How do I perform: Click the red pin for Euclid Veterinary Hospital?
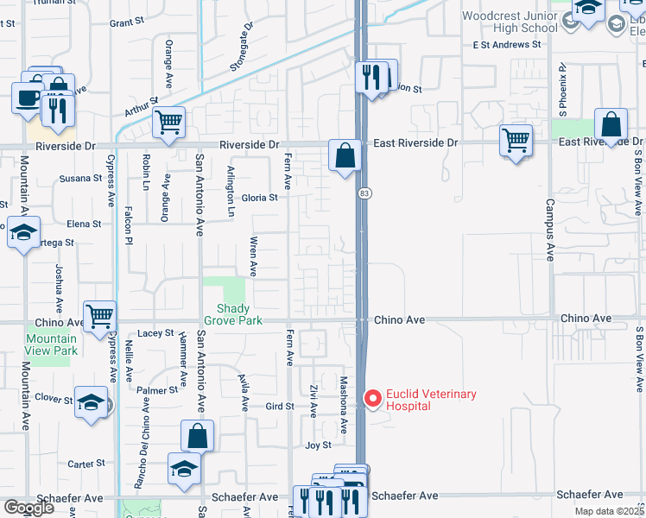point(373,399)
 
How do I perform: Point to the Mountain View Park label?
point(52,344)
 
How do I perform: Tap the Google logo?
point(28,508)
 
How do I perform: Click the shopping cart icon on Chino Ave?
point(99,316)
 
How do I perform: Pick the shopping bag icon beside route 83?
point(345,156)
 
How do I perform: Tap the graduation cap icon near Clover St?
point(91,402)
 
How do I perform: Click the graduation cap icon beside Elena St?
point(23,231)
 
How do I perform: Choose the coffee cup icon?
point(27,97)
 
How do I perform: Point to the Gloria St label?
point(259,197)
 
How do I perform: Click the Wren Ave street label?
point(254,256)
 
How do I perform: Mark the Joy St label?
point(319,445)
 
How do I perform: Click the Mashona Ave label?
point(344,404)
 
